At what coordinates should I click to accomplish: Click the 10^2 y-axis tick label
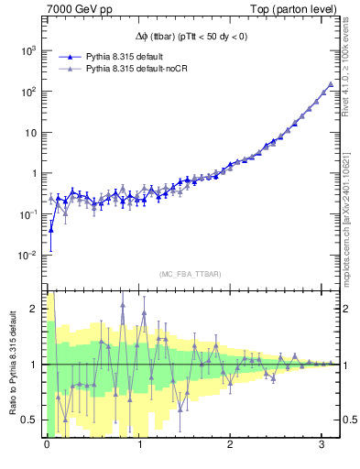(x=28, y=92)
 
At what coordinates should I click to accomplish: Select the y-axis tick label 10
(x=30, y=132)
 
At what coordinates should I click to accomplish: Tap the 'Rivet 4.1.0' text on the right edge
(x=351, y=64)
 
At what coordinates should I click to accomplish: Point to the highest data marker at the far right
(x=331, y=84)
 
